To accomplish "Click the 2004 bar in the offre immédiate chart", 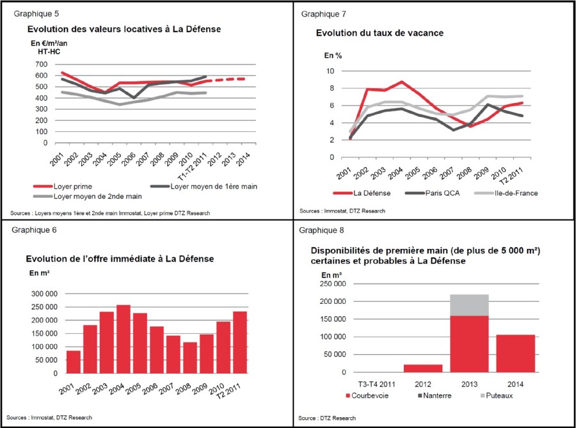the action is point(124,339).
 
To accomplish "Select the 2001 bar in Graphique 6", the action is point(74,362).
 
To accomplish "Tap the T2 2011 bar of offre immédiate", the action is point(240,342).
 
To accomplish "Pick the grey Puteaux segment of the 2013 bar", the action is point(470,305).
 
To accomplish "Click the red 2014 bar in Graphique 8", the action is point(515,354).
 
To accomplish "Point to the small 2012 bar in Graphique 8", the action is point(423,368).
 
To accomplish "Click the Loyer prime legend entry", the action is point(63,186).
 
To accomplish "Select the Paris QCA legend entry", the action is point(433,193).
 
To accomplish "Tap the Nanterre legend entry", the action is point(435,396).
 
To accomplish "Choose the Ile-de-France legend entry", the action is point(506,193).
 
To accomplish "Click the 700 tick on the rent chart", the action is point(42,64).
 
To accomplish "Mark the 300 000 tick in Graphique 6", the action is point(44,294).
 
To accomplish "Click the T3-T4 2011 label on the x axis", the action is point(376,384).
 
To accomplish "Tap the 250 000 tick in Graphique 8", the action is point(333,284).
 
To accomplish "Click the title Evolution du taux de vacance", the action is point(380,33).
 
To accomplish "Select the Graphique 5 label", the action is point(36,14).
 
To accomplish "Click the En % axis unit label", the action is point(333,56).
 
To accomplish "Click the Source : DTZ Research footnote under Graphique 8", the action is point(327,418).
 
